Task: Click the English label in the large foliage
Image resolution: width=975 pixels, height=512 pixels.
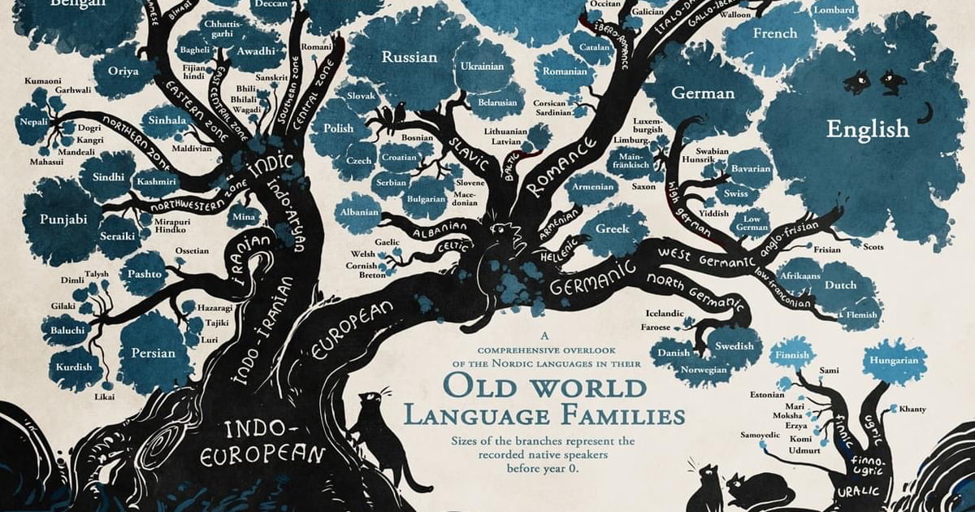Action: pyautogui.click(x=868, y=128)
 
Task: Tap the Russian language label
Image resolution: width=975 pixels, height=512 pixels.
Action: pyautogui.click(x=409, y=58)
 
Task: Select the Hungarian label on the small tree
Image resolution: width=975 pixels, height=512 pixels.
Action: pyautogui.click(x=894, y=360)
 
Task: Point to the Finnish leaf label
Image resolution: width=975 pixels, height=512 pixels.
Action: pyautogui.click(x=791, y=355)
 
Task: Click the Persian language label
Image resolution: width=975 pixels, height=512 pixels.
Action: pyautogui.click(x=153, y=353)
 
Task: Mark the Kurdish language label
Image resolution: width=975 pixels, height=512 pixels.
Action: pyautogui.click(x=74, y=367)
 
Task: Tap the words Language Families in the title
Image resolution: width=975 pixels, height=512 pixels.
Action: pyautogui.click(x=544, y=417)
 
